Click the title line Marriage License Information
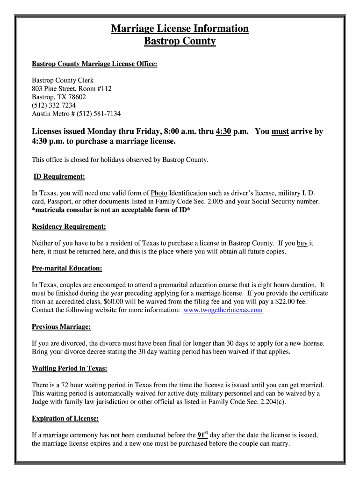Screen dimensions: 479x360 pyautogui.click(x=180, y=29)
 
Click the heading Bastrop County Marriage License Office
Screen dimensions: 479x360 pyautogui.click(x=94, y=64)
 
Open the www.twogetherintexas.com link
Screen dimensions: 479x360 pyautogui.click(x=223, y=310)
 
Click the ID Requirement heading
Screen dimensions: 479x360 pyautogui.click(x=59, y=176)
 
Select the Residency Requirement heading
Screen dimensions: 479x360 pyautogui.click(x=69, y=226)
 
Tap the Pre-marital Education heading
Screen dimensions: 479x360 pyautogui.click(x=67, y=268)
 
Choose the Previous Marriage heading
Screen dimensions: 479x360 pyautogui.click(x=61, y=326)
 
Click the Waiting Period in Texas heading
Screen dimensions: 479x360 pyautogui.click(x=70, y=368)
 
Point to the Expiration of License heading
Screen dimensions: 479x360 pyautogui.click(x=65, y=418)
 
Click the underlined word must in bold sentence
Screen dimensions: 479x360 pyautogui.click(x=280, y=131)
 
